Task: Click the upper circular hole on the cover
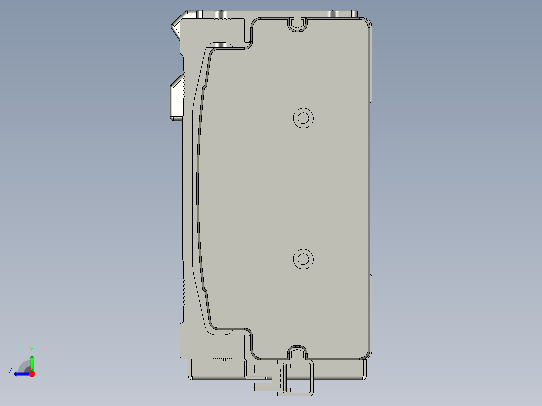pos(303,118)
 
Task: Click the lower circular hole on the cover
pos(303,259)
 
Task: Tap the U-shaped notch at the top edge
pos(297,23)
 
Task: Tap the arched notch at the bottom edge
pos(297,352)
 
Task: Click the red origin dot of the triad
pos(32,374)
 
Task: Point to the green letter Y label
pos(32,349)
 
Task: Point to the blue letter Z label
pos(10,371)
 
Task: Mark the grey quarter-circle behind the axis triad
pos(24,366)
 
